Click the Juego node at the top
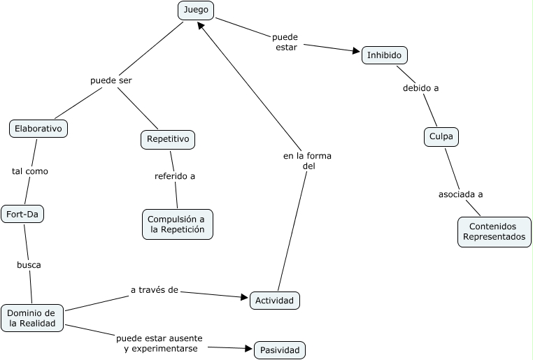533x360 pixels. (x=196, y=10)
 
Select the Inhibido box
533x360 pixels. (x=384, y=55)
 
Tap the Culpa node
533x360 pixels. (x=441, y=137)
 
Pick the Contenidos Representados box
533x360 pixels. (x=495, y=231)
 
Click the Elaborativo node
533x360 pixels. (x=38, y=129)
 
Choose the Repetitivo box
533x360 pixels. (x=168, y=139)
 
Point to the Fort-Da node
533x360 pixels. (x=22, y=214)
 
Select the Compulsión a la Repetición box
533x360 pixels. (x=177, y=224)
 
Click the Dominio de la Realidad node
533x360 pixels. (x=32, y=318)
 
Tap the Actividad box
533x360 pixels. (x=275, y=301)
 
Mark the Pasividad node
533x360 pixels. (x=280, y=350)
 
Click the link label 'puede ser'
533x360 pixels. (x=111, y=80)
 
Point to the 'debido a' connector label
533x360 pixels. (x=420, y=88)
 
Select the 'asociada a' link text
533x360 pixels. (x=461, y=194)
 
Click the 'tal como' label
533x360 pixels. (x=30, y=171)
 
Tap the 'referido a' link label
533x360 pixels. (x=175, y=176)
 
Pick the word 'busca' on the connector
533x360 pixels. (x=29, y=265)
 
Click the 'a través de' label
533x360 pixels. (x=154, y=289)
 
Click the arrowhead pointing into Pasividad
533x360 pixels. (x=248, y=348)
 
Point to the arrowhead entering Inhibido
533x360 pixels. (x=357, y=51)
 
